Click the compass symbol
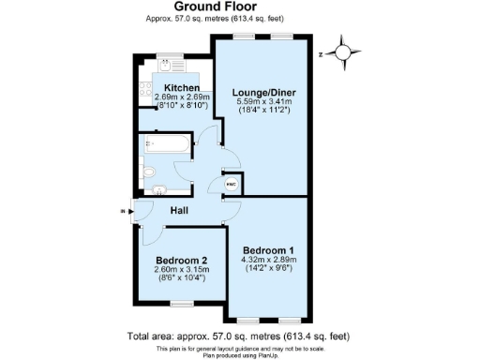coord(344,53)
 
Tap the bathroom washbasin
coord(158,190)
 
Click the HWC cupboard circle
coord(231,184)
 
